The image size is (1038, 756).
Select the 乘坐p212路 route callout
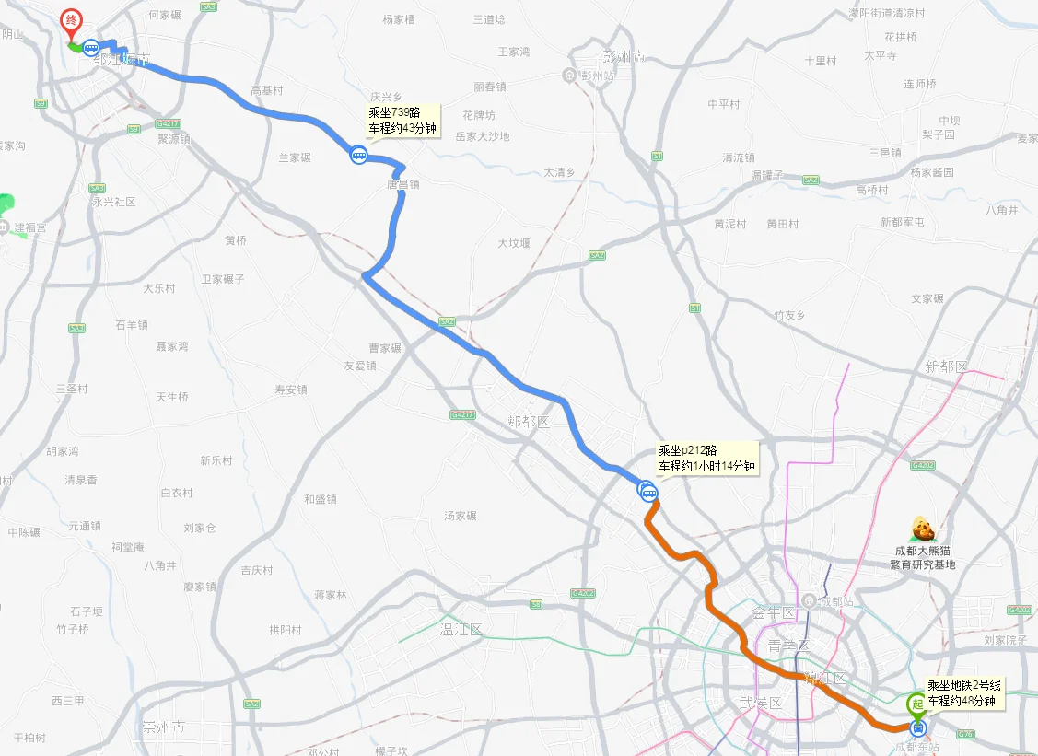pos(706,459)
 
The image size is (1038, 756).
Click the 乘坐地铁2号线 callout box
pos(962,693)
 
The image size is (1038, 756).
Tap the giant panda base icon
pos(923,530)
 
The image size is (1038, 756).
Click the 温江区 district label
pos(462,631)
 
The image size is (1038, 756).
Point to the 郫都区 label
pos(528,422)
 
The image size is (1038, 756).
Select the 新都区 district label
pos(948,366)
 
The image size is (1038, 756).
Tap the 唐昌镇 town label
pos(402,184)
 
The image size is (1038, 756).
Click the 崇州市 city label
pos(163,727)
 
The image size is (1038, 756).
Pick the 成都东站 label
pos(917,748)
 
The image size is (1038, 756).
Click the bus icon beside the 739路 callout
pos(358,156)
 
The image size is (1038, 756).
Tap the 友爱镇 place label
pos(360,366)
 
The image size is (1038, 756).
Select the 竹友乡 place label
pos(789,315)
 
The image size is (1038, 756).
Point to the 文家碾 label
pos(927,298)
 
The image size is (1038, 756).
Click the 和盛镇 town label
pos(320,499)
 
